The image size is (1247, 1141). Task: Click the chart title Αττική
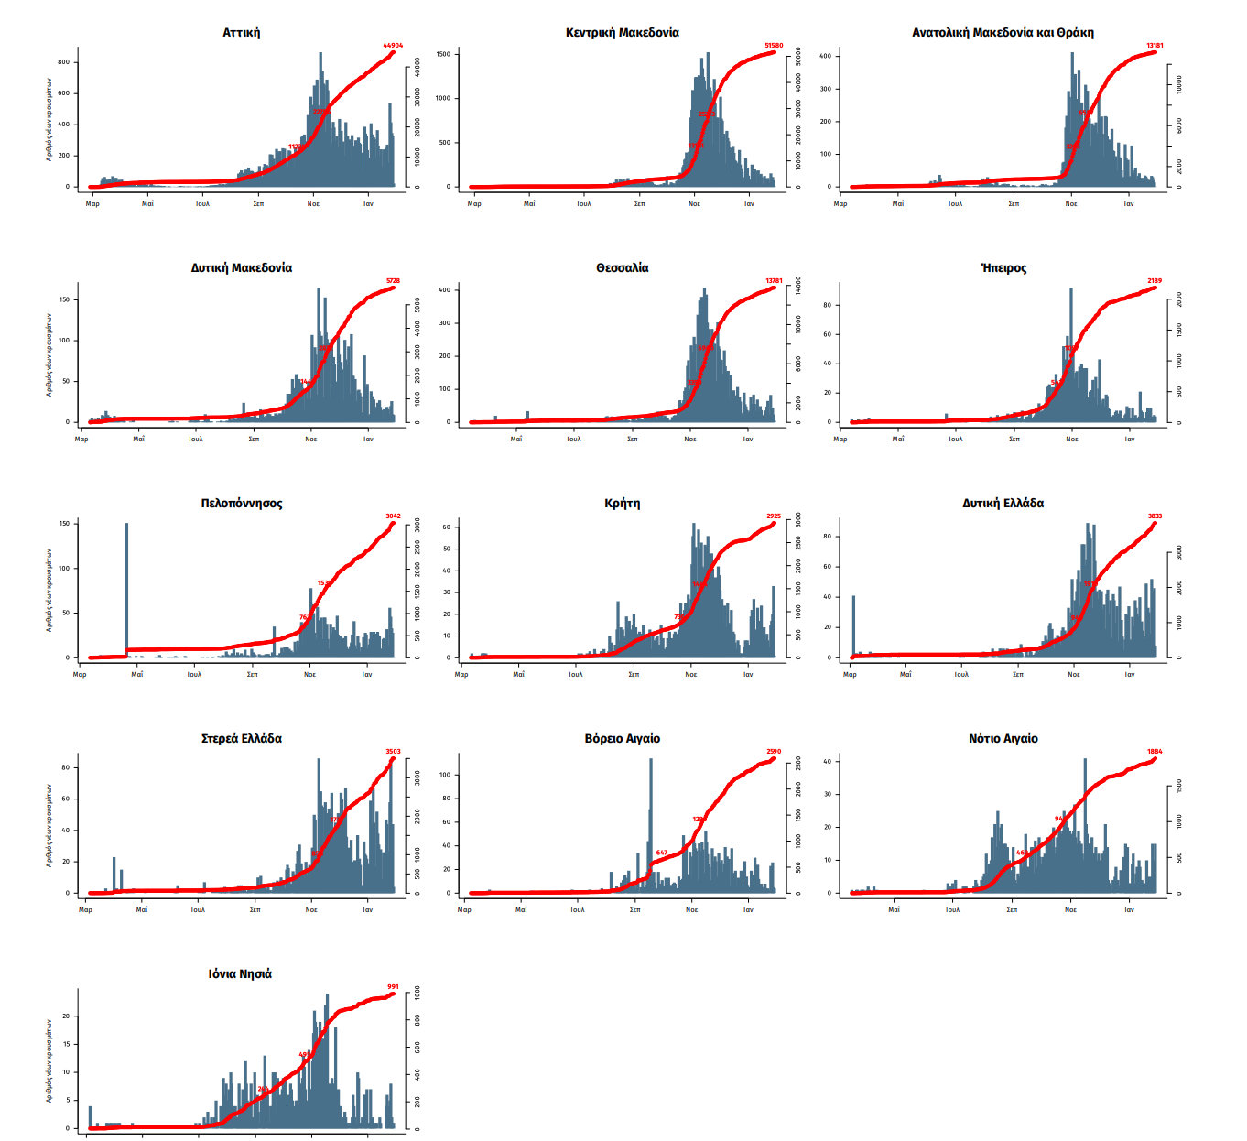241,33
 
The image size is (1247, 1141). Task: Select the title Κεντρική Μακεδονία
622,33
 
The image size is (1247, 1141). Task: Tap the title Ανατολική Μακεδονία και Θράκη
1003,33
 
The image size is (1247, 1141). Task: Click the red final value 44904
393,45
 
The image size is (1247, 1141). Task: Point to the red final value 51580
774,45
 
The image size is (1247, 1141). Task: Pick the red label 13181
1155,45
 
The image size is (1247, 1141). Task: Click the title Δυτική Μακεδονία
241,268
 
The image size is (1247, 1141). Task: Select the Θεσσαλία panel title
622,268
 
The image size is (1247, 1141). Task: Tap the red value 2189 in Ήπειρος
1155,281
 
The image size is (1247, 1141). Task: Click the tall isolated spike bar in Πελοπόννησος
126,586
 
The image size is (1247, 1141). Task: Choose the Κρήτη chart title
622,504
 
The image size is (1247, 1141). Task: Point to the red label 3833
1155,516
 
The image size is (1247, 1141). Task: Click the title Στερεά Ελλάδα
241,739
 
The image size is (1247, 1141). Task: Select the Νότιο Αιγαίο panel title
1003,739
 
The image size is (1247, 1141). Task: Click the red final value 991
393,987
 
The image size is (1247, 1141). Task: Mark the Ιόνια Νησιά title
240,974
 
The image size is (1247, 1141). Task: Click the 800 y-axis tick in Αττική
63,62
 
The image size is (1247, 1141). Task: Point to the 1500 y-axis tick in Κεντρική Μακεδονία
443,54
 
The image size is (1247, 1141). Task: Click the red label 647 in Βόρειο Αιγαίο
661,853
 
